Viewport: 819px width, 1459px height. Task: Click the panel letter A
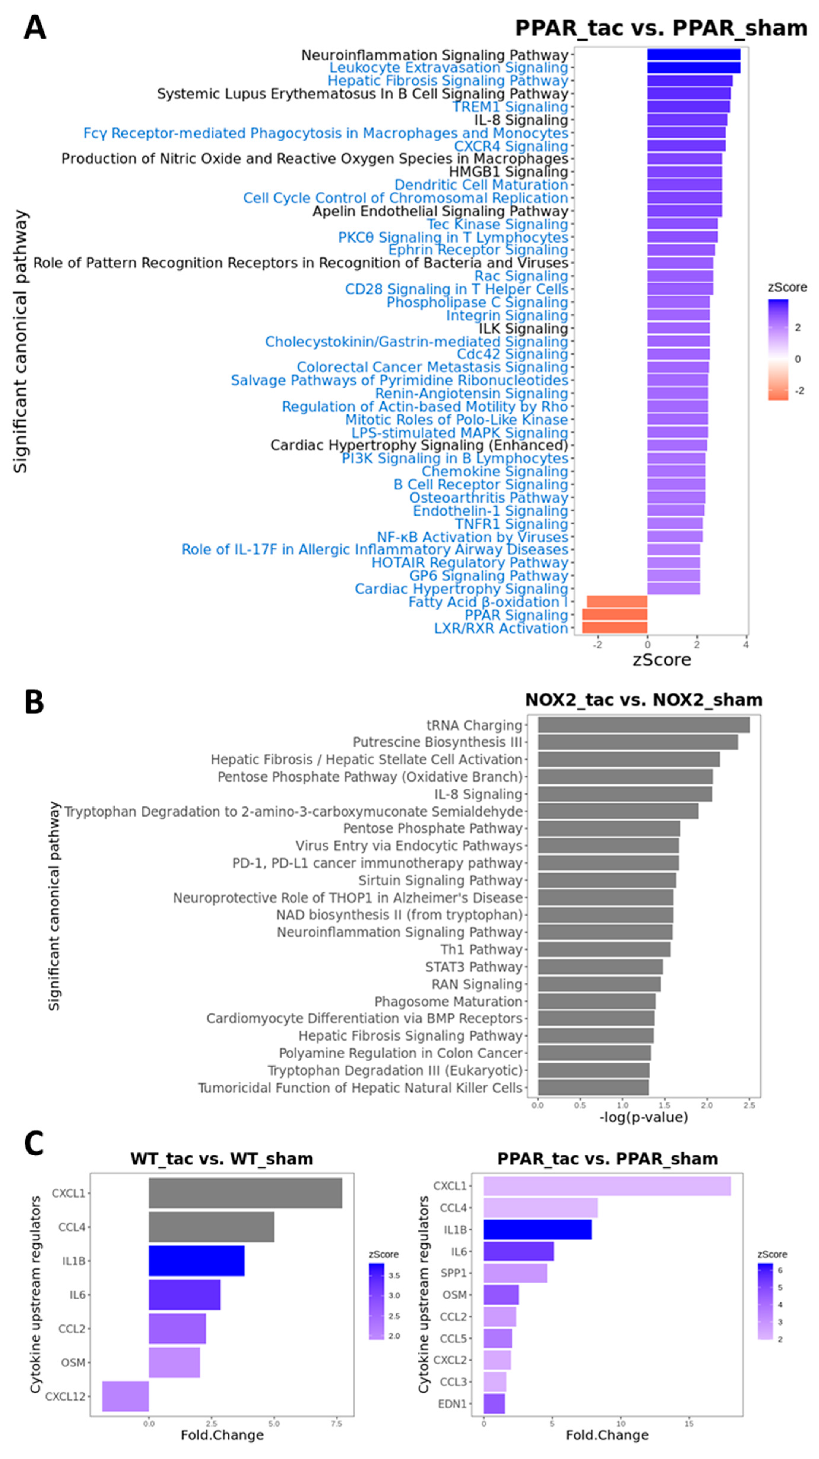(35, 28)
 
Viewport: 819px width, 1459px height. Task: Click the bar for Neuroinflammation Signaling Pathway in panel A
(694, 55)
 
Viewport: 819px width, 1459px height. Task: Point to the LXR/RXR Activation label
(501, 628)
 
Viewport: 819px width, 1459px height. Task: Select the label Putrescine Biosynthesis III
(437, 742)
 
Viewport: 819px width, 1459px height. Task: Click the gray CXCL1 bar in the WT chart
(245, 1193)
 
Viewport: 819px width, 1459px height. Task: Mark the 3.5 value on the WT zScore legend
(393, 1275)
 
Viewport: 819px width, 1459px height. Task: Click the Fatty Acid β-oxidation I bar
(617, 602)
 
